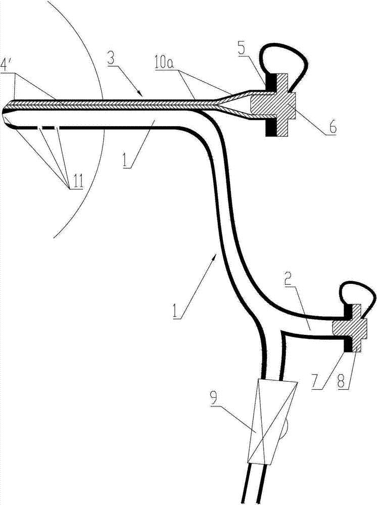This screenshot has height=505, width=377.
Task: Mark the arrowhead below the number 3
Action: (x=141, y=94)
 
